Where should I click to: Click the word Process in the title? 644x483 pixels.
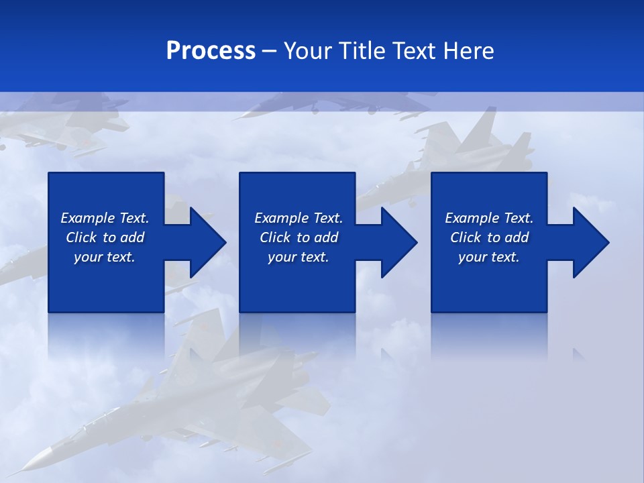pyautogui.click(x=211, y=51)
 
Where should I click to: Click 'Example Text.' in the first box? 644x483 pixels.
pyautogui.click(x=105, y=218)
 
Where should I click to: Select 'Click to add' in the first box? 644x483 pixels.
pyautogui.click(x=105, y=237)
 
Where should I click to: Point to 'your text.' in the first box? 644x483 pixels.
pyautogui.click(x=105, y=257)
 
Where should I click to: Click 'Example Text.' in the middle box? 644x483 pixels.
pyautogui.click(x=299, y=218)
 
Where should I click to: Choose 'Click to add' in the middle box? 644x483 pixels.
pyautogui.click(x=299, y=237)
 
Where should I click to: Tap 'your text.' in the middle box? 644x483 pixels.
pyautogui.click(x=299, y=257)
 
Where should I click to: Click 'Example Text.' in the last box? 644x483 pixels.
pyautogui.click(x=489, y=218)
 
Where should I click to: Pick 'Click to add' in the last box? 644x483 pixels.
pyautogui.click(x=489, y=237)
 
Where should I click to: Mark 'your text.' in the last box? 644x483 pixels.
pyautogui.click(x=489, y=257)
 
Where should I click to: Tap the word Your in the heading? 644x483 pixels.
pyautogui.click(x=309, y=51)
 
